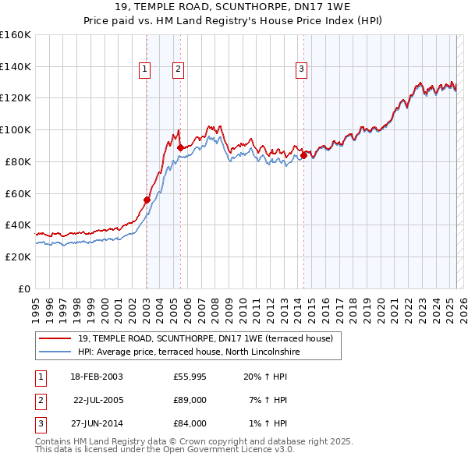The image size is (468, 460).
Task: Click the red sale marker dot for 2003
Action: [x=147, y=200]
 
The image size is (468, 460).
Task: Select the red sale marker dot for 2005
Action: [x=180, y=147]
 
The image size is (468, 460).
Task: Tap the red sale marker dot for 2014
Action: [x=303, y=154]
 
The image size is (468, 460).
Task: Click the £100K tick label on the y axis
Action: [x=16, y=129]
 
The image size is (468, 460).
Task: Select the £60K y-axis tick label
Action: [x=18, y=193]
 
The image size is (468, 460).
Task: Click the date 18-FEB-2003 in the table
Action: [x=97, y=377]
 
